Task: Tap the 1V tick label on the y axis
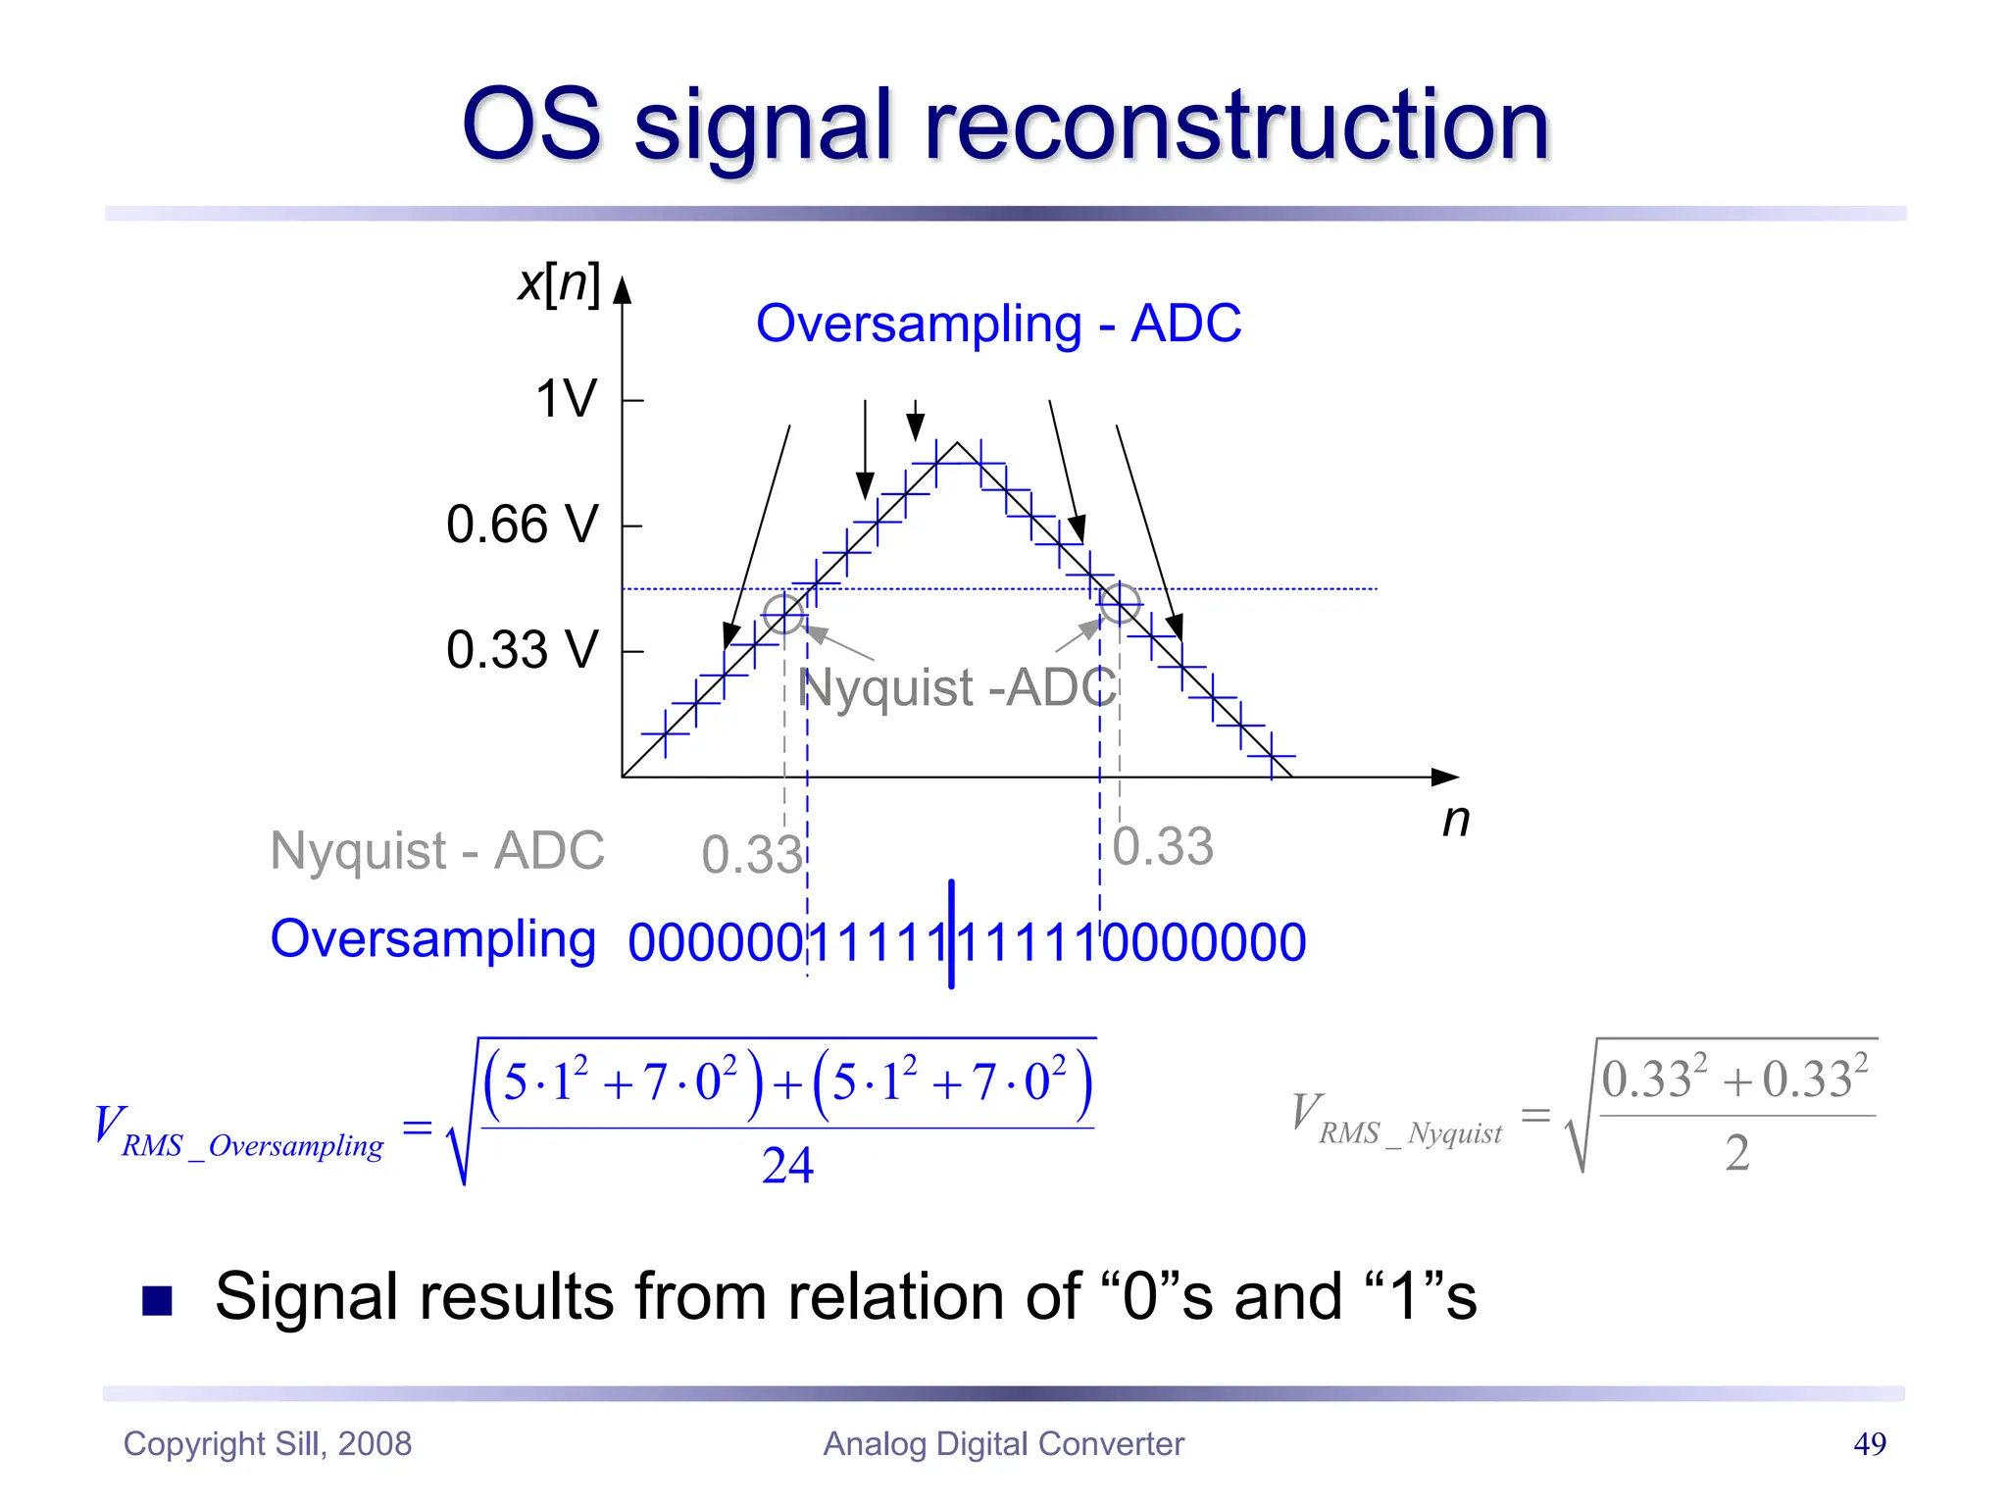click(566, 399)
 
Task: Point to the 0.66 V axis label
click(522, 524)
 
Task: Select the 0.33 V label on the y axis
click(522, 649)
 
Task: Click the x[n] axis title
click(558, 283)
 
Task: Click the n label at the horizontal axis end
click(1455, 820)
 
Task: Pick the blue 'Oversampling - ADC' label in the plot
click(998, 324)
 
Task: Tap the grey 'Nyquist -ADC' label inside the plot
click(958, 686)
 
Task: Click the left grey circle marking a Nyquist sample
click(783, 614)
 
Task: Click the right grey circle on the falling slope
click(1120, 603)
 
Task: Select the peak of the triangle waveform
click(958, 443)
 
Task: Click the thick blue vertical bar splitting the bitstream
click(951, 933)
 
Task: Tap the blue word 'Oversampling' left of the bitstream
click(432, 939)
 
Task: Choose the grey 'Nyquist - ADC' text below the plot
click(437, 850)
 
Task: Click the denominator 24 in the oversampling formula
click(787, 1166)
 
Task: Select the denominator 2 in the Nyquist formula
click(1736, 1153)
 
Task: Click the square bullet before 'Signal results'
click(157, 1300)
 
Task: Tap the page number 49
click(1869, 1443)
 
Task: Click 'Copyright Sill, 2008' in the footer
click(267, 1443)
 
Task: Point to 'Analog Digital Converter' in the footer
click(1003, 1443)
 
